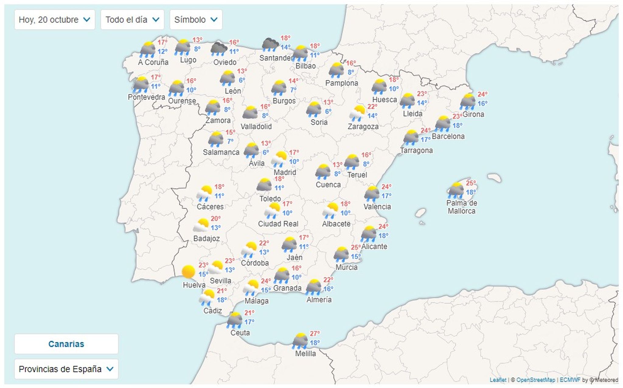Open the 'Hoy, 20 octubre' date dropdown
(54, 20)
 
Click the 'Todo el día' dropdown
(132, 20)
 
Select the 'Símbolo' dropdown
(196, 20)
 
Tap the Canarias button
(66, 344)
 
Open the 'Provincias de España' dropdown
(66, 369)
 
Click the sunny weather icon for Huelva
(188, 271)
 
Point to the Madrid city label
(285, 172)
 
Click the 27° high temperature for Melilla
(315, 334)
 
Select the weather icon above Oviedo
(219, 49)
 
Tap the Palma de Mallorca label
(461, 207)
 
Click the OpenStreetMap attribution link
(535, 380)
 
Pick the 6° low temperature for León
(242, 80)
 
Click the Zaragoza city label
(363, 126)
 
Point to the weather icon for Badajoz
(201, 225)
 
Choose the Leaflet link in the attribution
(498, 380)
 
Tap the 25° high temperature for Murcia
(356, 247)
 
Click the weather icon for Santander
(270, 45)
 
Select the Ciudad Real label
(278, 224)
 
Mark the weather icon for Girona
(468, 101)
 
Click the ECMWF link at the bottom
(570, 380)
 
